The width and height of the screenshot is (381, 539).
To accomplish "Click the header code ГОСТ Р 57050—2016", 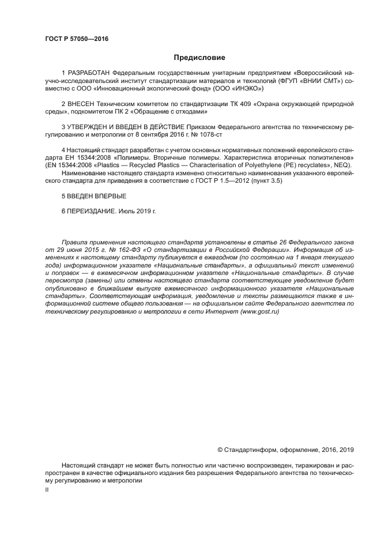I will pos(77,39).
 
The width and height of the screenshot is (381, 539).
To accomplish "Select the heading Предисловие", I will pos(199,58).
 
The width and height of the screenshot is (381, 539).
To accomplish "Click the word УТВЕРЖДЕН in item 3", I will pos(91,127).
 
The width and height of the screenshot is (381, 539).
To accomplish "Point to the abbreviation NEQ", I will pos(342,165).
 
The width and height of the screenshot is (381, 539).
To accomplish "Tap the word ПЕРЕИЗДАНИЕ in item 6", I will pos(92,212).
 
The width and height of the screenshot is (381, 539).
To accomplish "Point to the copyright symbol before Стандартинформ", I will pos(220,450).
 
